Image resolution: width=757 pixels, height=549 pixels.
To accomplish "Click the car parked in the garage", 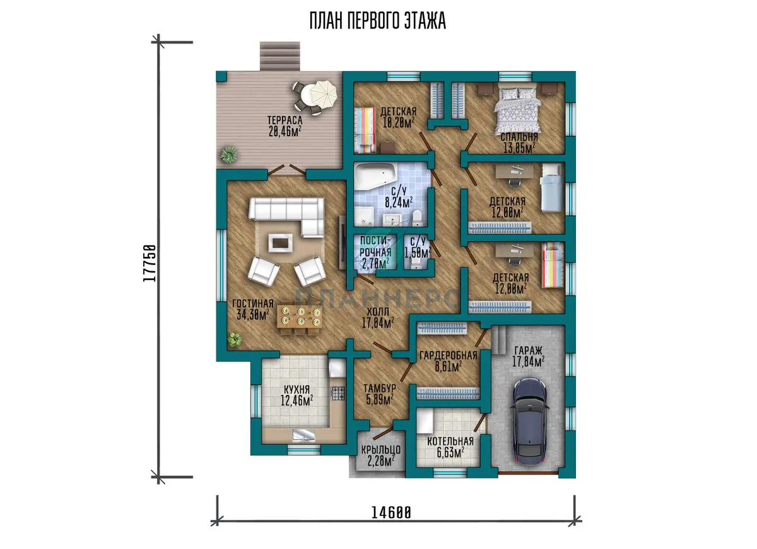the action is [x=530, y=422].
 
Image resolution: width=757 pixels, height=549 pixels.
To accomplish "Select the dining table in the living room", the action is [x=299, y=316].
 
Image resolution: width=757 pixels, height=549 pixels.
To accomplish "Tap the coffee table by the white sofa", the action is [x=280, y=243].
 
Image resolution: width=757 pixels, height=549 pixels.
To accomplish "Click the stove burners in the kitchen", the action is [x=338, y=394].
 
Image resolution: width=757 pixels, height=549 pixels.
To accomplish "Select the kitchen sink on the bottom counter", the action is [x=304, y=435].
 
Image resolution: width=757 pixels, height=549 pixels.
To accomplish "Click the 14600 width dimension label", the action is [x=391, y=513].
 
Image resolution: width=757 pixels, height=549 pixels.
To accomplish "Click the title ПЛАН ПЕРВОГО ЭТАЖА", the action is [x=378, y=21].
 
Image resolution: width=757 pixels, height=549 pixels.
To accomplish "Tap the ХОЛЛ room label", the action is [x=378, y=311].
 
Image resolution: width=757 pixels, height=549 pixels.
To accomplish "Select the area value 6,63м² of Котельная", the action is [x=450, y=452].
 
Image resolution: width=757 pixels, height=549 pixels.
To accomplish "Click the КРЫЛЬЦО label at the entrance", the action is [x=381, y=450].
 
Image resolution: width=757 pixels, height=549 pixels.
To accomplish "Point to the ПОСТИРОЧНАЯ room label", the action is [x=375, y=247].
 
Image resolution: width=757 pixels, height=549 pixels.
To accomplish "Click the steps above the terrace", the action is [x=280, y=56].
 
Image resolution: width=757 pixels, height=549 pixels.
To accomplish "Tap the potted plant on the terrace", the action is [x=229, y=155].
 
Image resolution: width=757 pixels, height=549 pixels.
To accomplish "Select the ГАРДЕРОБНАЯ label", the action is [x=448, y=355].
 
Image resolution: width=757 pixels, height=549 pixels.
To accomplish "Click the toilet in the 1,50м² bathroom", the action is [x=415, y=263].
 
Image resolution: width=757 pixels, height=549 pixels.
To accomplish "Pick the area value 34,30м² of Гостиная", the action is [x=253, y=315].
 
